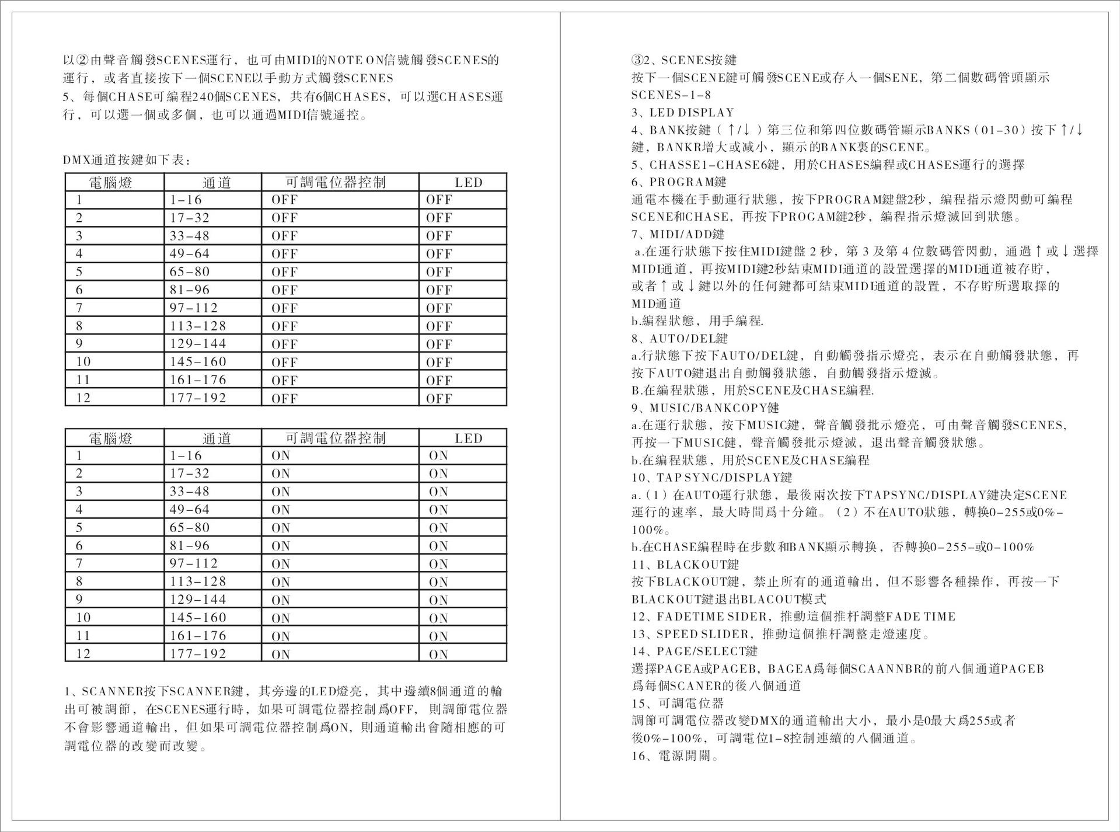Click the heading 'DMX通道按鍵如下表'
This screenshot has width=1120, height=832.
point(127,159)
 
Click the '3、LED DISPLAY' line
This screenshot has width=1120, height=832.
point(683,112)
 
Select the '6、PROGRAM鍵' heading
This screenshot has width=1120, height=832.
point(679,182)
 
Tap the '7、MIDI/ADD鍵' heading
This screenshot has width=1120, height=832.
point(678,234)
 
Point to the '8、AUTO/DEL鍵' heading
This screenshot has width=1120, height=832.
point(679,338)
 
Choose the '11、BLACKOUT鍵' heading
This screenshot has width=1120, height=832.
point(685,564)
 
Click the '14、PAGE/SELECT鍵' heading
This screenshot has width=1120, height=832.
point(695,651)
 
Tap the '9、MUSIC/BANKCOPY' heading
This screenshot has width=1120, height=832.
point(705,408)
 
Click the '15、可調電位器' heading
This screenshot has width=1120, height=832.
point(678,704)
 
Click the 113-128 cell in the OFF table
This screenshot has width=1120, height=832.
point(198,326)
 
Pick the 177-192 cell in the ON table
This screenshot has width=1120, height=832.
point(198,653)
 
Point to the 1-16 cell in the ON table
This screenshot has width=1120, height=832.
point(186,455)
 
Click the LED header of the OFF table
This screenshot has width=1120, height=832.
point(469,182)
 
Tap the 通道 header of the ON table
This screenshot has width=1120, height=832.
point(217,438)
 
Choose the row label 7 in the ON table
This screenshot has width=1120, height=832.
point(79,563)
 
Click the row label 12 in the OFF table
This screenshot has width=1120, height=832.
point(83,398)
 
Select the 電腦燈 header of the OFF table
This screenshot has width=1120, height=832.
point(110,182)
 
